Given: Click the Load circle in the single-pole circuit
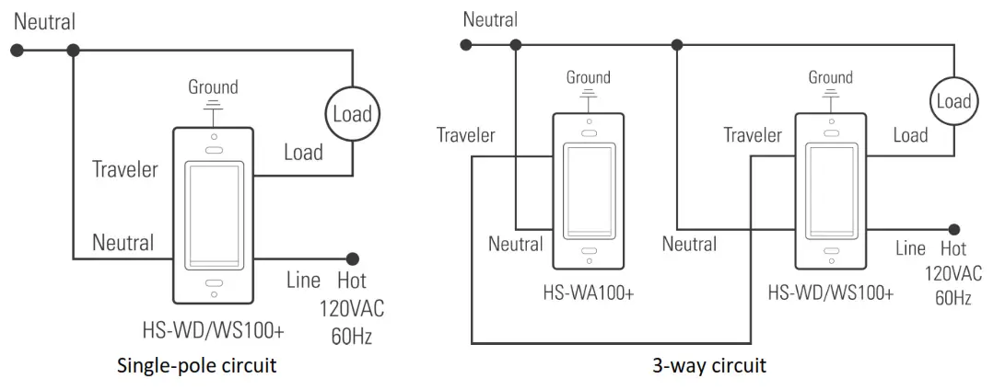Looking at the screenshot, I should pyautogui.click(x=352, y=114).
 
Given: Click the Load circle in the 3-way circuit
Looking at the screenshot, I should pyautogui.click(x=952, y=100).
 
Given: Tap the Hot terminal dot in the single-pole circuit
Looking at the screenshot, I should pyautogui.click(x=352, y=259).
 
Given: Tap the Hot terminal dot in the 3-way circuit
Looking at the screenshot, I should pyautogui.click(x=955, y=229).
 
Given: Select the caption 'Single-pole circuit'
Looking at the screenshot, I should pyautogui.click(x=197, y=365).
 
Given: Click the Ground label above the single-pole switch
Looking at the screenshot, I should pyautogui.click(x=213, y=87).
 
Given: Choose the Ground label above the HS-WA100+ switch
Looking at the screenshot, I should pyautogui.click(x=589, y=77).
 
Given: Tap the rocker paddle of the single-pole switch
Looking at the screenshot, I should pyautogui.click(x=213, y=211).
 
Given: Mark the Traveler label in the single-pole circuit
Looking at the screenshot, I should pyautogui.click(x=124, y=169).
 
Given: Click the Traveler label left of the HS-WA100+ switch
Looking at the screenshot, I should pyautogui.click(x=465, y=135).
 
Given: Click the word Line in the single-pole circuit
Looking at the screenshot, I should pyautogui.click(x=303, y=281).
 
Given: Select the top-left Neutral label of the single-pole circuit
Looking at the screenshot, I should pyautogui.click(x=44, y=21).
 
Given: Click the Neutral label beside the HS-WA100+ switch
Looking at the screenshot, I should pyautogui.click(x=516, y=244).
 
